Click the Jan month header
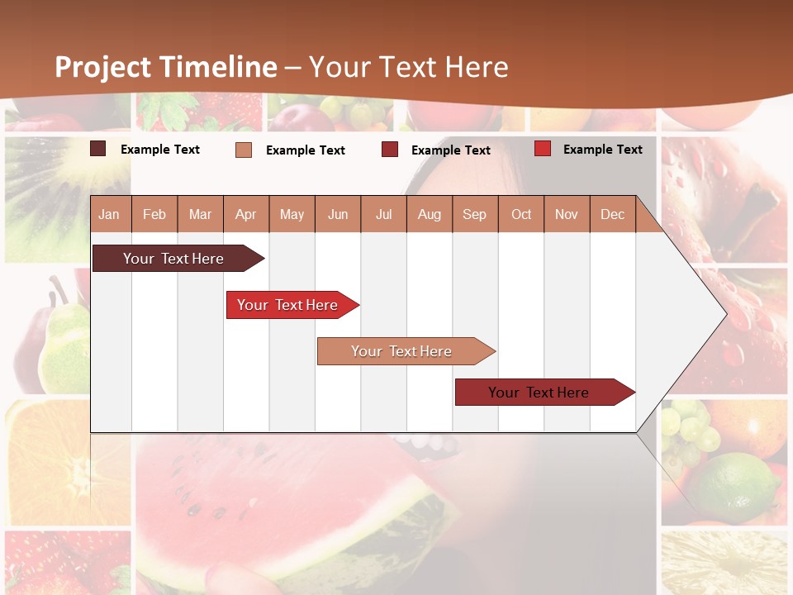109,214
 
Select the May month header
292,214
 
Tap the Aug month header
429,214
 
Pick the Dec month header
612,214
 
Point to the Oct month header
521,214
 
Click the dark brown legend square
97,149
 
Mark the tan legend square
243,150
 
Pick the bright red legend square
542,149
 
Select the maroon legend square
390,150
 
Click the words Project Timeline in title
165,67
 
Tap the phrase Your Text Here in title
409,67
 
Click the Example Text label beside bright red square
602,149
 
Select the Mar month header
200,214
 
